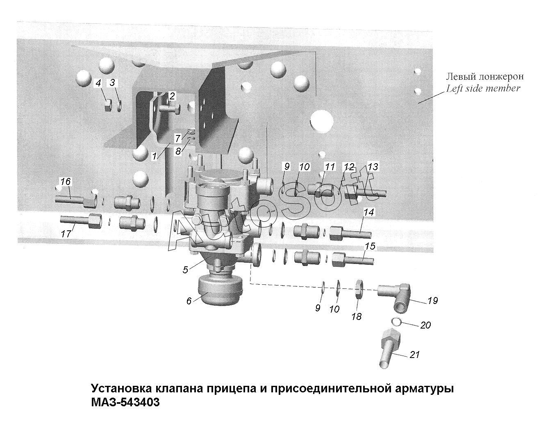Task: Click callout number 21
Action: click(415, 354)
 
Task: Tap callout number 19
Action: click(432, 301)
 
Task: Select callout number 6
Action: click(189, 301)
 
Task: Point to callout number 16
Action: click(66, 181)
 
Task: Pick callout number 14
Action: click(369, 212)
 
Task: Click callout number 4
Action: click(98, 83)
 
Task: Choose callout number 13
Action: click(373, 167)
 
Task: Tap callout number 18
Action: click(357, 316)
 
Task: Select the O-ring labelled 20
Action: click(396, 322)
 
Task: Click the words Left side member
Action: click(483, 88)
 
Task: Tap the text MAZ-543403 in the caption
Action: click(125, 402)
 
